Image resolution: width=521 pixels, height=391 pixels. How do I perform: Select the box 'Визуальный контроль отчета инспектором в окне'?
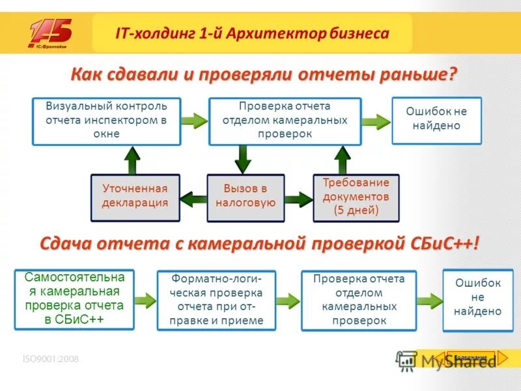106,120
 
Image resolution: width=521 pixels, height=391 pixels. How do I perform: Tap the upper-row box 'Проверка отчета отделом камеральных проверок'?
285,120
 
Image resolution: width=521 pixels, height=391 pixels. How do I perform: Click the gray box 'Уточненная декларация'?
135,196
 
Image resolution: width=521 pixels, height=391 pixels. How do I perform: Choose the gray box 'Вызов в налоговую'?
246,196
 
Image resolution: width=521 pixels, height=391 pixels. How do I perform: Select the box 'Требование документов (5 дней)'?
356,196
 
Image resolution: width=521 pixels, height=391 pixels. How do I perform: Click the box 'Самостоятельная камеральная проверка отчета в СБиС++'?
74,298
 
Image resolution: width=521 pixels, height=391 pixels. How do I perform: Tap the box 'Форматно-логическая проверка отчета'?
216,300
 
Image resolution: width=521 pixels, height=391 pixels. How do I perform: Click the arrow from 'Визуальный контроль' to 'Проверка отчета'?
193,120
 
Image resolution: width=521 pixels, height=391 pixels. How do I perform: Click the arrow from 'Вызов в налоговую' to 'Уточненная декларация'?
193,197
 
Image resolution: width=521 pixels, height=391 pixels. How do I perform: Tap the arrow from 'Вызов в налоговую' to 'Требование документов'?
299,197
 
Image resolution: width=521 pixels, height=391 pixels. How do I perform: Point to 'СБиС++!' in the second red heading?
443,244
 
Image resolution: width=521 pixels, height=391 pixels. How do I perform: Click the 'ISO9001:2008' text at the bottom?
50,358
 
